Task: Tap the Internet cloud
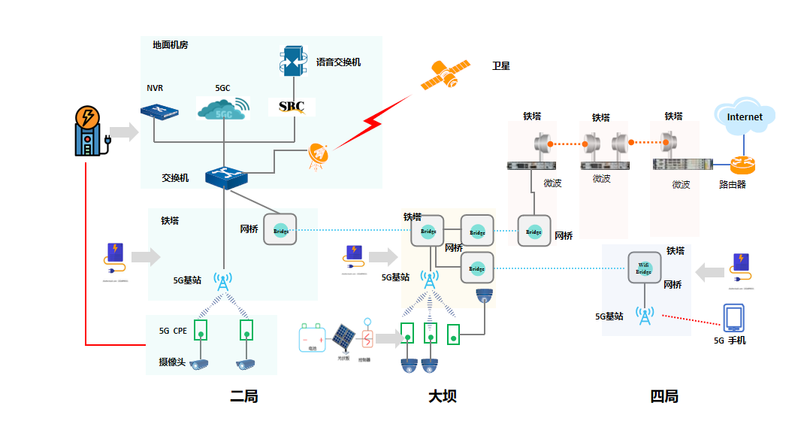[744, 117]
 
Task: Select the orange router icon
[744, 165]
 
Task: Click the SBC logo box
[292, 106]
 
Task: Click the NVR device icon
[159, 111]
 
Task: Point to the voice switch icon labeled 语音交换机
[292, 62]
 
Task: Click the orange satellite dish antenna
[319, 156]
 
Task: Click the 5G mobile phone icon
[733, 319]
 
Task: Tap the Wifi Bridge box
[644, 268]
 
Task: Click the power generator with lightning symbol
[89, 132]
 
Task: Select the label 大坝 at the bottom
[443, 396]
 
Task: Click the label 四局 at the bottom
[664, 396]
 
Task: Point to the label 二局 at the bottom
[244, 396]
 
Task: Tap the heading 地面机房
[170, 45]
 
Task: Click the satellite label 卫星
[501, 66]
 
